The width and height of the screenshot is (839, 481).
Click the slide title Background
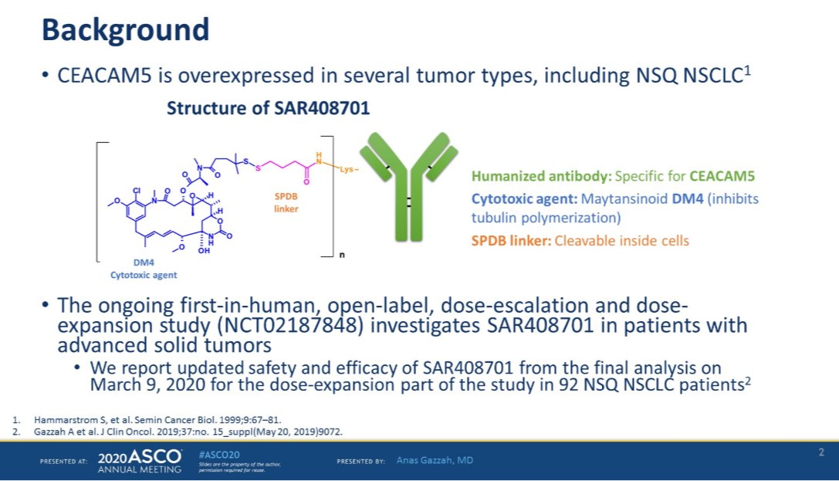click(125, 31)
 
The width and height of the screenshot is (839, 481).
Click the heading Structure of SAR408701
click(268, 109)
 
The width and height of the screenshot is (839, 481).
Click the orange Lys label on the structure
click(347, 169)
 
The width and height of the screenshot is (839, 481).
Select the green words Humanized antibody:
click(531, 177)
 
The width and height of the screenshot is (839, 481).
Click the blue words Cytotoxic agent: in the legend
click(520, 199)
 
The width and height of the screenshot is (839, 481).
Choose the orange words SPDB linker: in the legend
click(509, 240)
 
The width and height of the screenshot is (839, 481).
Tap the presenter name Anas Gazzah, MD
click(435, 461)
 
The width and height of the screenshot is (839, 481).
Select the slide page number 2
click(821, 452)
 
